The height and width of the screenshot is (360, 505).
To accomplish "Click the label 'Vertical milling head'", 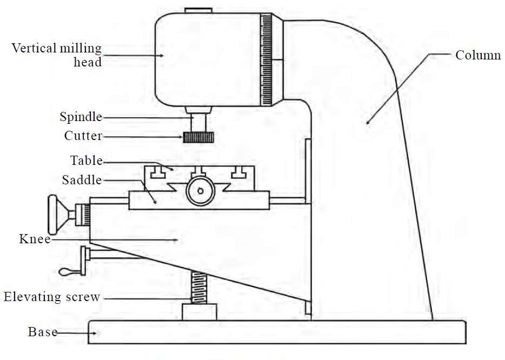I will pos(57,55).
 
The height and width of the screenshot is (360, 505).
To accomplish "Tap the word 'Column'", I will pos(478,55).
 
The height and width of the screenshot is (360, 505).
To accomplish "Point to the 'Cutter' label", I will pos(83,136).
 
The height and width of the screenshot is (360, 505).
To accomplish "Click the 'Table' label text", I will pos(87,161).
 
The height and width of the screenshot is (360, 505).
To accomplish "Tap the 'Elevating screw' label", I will pos(52,296).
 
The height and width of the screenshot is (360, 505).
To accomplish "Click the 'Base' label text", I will pos(42,332).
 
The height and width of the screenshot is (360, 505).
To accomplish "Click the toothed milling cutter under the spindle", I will pos(196,137).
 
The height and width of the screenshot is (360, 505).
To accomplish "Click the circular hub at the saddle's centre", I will pos(200,191).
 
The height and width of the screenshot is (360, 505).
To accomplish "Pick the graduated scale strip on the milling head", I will pos(266,59).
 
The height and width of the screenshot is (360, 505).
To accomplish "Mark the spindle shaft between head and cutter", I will pos(196,119).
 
